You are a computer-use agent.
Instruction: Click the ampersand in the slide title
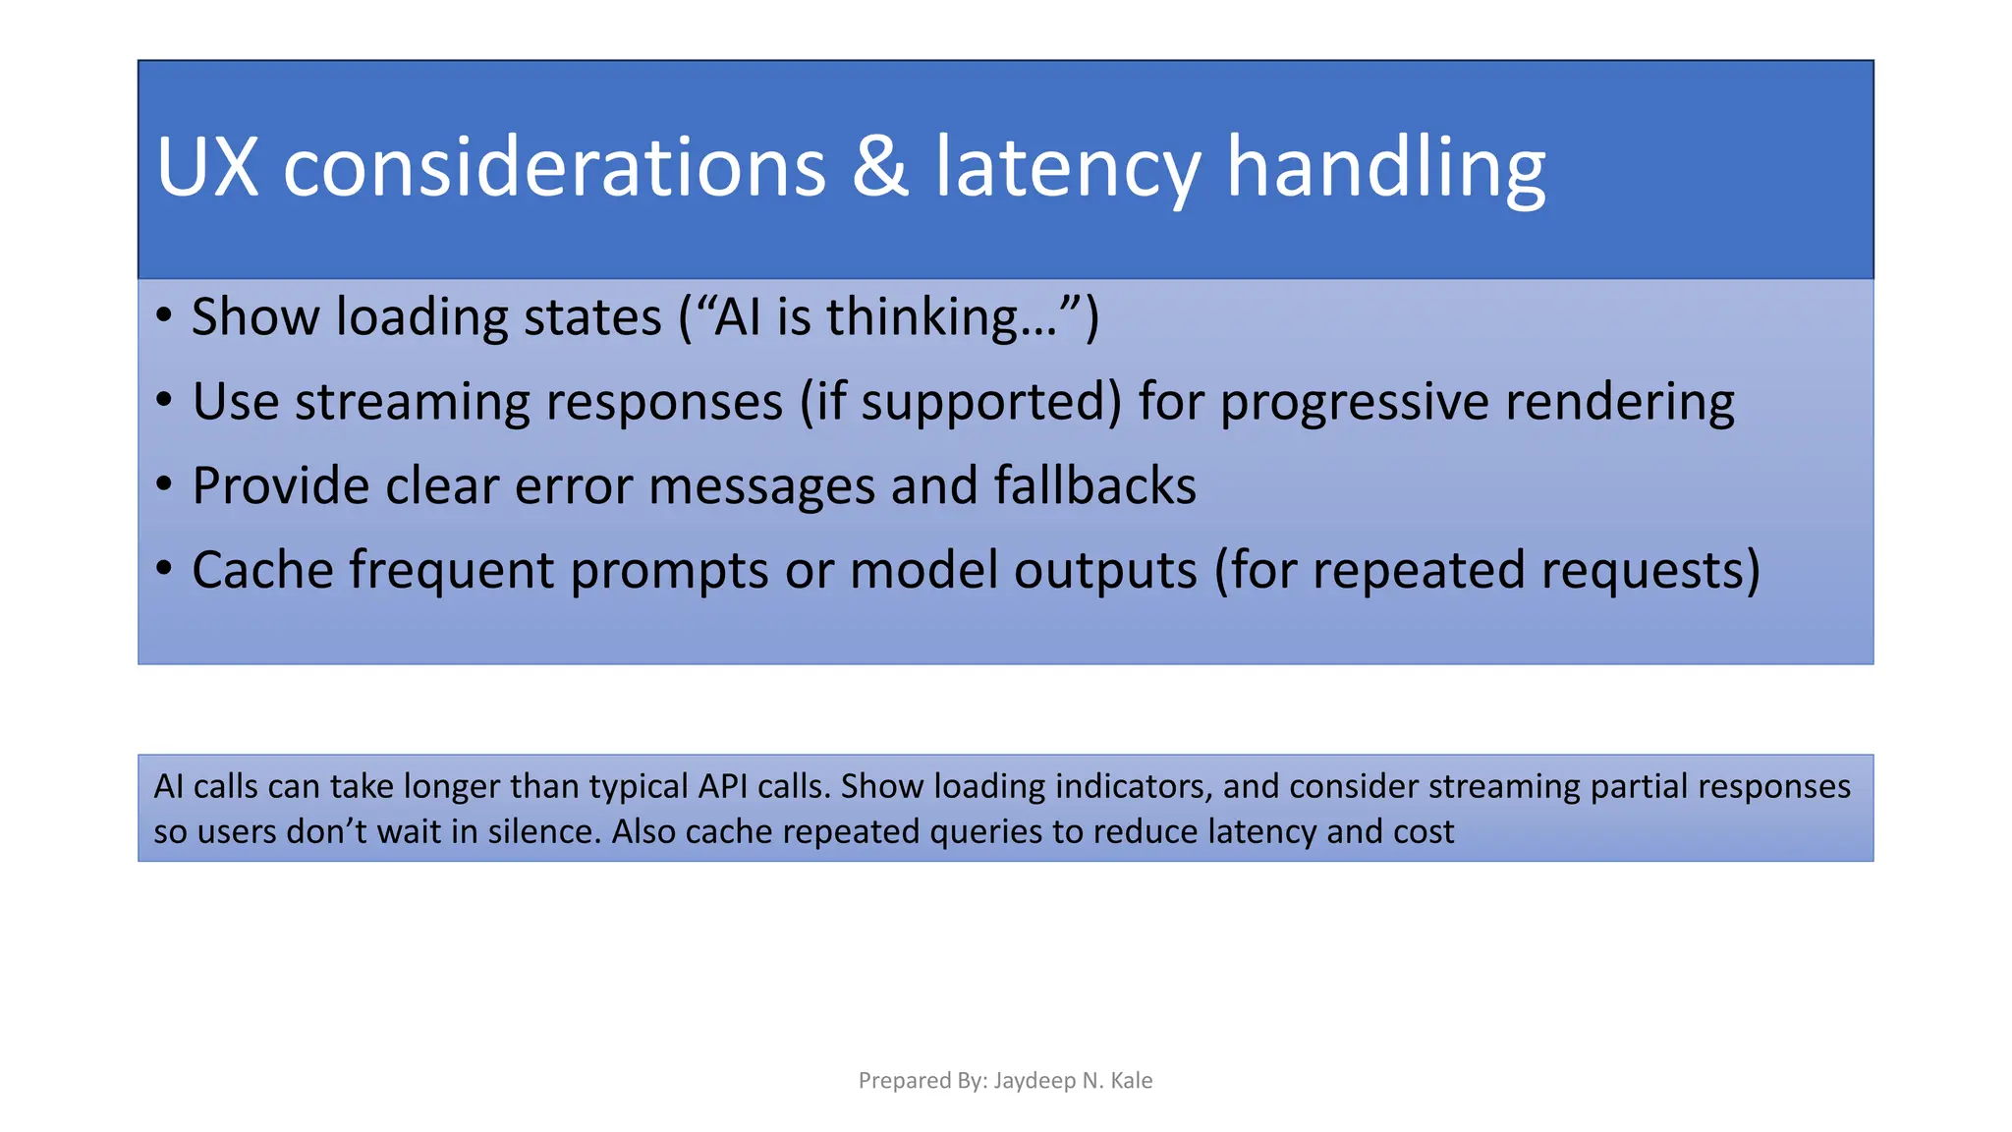tap(880, 167)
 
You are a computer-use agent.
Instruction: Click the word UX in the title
tap(207, 167)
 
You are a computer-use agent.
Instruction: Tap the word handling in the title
tap(1386, 167)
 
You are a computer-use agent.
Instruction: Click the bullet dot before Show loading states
tap(164, 316)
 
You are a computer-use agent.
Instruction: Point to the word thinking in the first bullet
tap(937, 317)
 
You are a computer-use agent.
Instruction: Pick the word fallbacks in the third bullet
tap(1094, 485)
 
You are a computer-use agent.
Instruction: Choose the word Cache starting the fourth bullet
tap(262, 570)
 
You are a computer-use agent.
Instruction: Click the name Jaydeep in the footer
tap(1034, 1081)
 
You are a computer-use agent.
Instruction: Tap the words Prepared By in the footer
tap(922, 1081)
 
